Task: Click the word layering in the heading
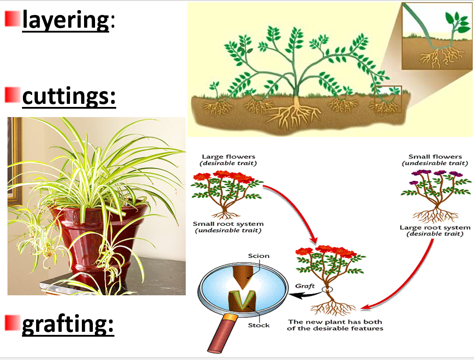coord(66,20)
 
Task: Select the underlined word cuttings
coord(69,96)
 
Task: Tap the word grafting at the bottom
coord(68,325)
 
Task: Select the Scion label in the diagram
coord(258,256)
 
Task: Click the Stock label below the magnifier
coord(258,325)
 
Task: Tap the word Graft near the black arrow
coord(305,286)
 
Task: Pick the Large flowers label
coord(228,157)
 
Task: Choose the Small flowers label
coord(435,157)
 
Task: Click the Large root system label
coord(435,228)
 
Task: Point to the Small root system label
coord(228,224)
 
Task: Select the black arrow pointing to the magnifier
coord(308,294)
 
